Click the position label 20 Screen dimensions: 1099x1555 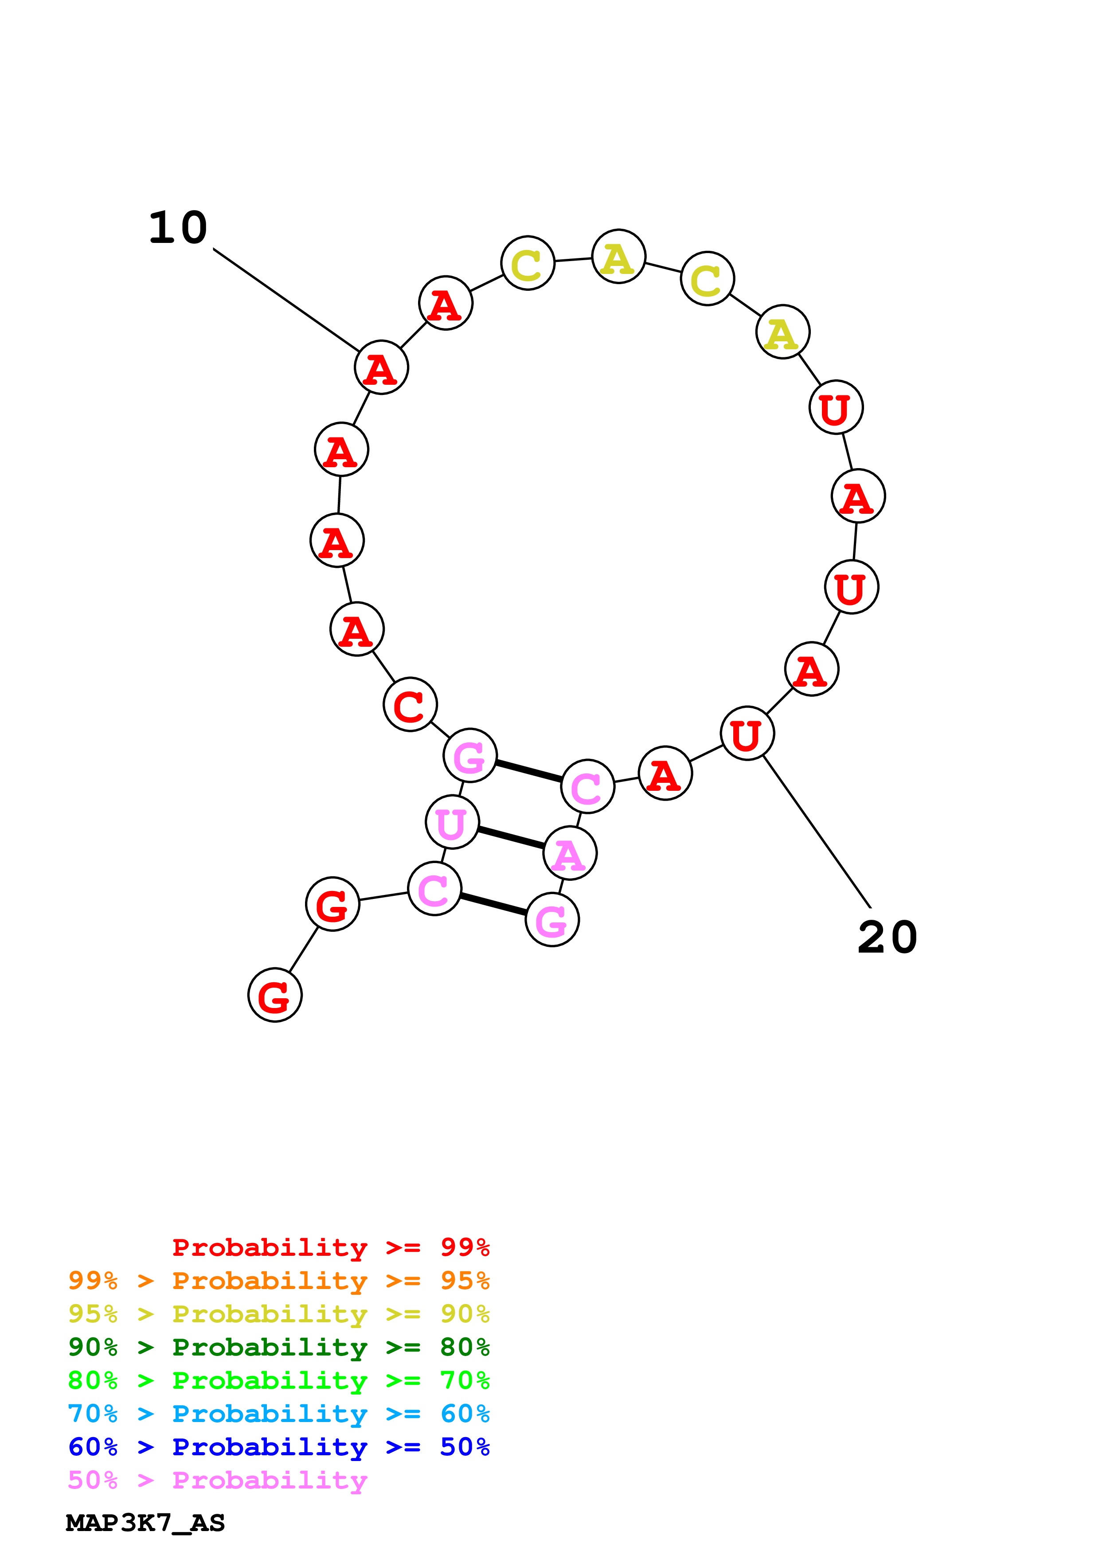[x=887, y=938]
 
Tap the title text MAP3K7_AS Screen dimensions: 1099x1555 [x=145, y=1523]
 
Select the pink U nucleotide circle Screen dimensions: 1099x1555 [x=452, y=822]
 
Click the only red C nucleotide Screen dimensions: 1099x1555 [x=411, y=704]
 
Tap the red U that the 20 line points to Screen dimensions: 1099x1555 [x=747, y=734]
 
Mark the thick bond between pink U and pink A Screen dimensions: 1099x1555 [x=511, y=838]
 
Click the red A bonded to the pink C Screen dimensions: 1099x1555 [x=665, y=774]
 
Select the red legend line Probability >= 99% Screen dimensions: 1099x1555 [x=330, y=1247]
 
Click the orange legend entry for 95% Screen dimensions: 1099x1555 [x=278, y=1281]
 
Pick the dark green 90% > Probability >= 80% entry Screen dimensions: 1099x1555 [x=278, y=1347]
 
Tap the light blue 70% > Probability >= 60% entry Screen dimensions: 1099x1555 [x=278, y=1414]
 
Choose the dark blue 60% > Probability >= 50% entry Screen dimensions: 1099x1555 [x=278, y=1447]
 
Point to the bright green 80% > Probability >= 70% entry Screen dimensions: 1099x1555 [x=278, y=1380]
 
